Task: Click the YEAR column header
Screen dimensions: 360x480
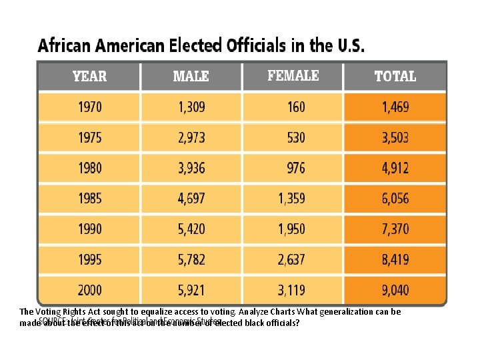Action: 89,76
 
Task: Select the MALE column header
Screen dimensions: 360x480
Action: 191,77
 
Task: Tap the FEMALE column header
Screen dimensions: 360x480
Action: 293,75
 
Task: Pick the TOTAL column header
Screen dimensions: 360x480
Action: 395,77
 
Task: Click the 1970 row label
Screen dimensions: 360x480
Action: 90,107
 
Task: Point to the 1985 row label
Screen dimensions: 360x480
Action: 90,198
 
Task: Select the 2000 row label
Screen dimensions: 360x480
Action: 90,290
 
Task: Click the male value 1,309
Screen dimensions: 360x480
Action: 191,107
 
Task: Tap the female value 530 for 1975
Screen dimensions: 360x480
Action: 296,137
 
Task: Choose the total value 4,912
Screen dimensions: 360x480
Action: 395,168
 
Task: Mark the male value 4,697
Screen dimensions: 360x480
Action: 191,198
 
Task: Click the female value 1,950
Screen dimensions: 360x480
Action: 291,229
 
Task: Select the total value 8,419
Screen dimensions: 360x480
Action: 395,259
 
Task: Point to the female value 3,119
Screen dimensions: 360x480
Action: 291,290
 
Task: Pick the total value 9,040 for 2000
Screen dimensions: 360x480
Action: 395,290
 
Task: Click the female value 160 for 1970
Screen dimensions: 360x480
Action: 296,107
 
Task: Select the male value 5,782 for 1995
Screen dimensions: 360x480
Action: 191,259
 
